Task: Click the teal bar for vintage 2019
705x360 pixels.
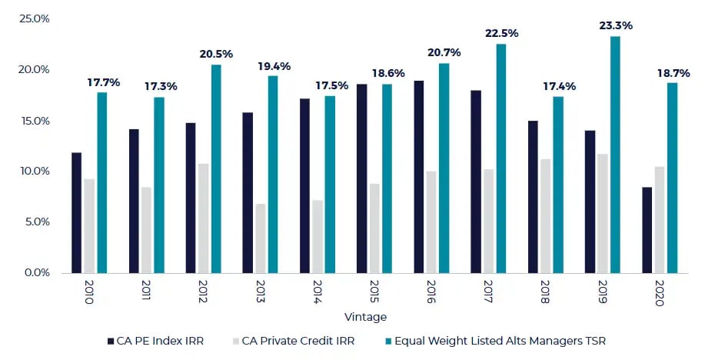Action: tap(615, 155)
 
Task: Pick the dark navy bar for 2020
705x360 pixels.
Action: tap(647, 230)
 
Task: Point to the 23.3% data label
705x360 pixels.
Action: tap(616, 25)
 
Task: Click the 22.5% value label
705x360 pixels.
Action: tap(501, 33)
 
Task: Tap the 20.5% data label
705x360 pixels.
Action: tap(216, 54)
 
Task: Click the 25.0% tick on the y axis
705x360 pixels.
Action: tap(34, 18)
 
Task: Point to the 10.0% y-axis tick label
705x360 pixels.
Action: tap(34, 171)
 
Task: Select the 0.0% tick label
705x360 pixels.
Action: tap(36, 272)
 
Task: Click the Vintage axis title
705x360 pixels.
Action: tap(367, 317)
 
